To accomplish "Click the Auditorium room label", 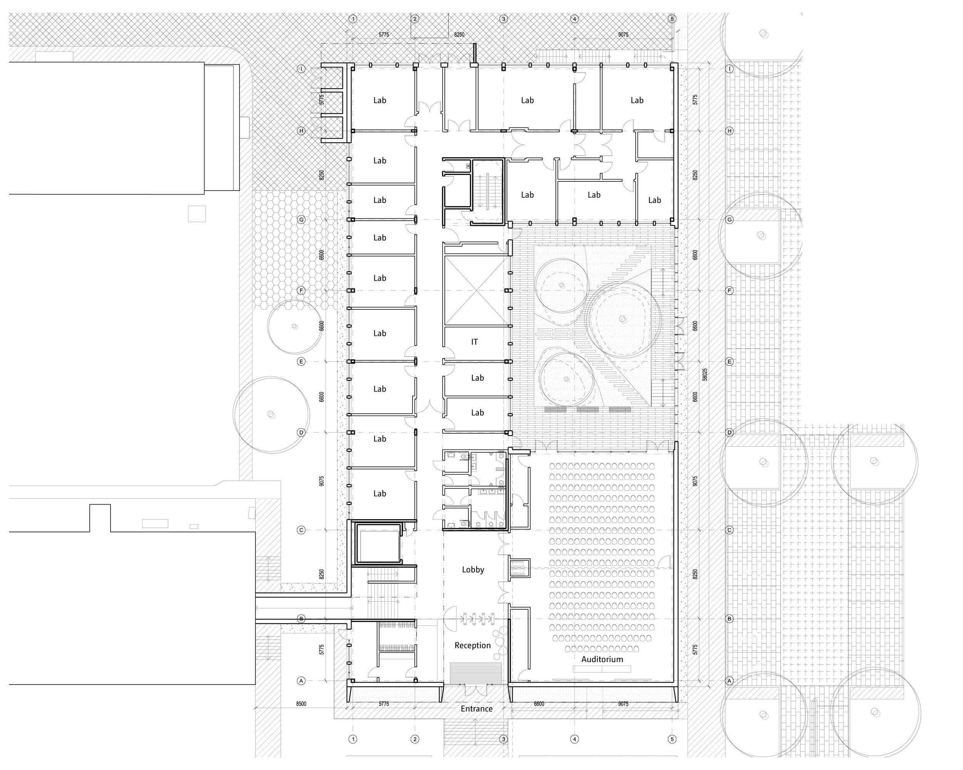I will [x=602, y=659].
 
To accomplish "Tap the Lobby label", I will [x=473, y=569].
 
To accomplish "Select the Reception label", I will [x=472, y=645].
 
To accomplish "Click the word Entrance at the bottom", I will [x=476, y=709].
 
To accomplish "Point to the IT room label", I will [x=474, y=342].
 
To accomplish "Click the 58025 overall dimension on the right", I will [x=705, y=374].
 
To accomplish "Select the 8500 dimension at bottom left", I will [x=301, y=704].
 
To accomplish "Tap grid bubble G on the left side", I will [x=302, y=220].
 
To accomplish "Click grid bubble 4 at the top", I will [x=575, y=19].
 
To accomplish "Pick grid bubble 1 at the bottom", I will [x=353, y=739].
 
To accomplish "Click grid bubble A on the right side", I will [x=730, y=681].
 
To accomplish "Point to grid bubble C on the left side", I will [x=302, y=530].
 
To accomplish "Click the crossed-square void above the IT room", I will [x=476, y=291].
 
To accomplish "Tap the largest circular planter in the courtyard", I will [x=622, y=319].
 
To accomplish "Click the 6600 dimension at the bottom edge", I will [x=539, y=704].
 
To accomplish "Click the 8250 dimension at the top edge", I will [x=459, y=35].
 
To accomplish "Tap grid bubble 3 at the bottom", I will [x=503, y=739].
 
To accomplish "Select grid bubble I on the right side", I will [x=730, y=69].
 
